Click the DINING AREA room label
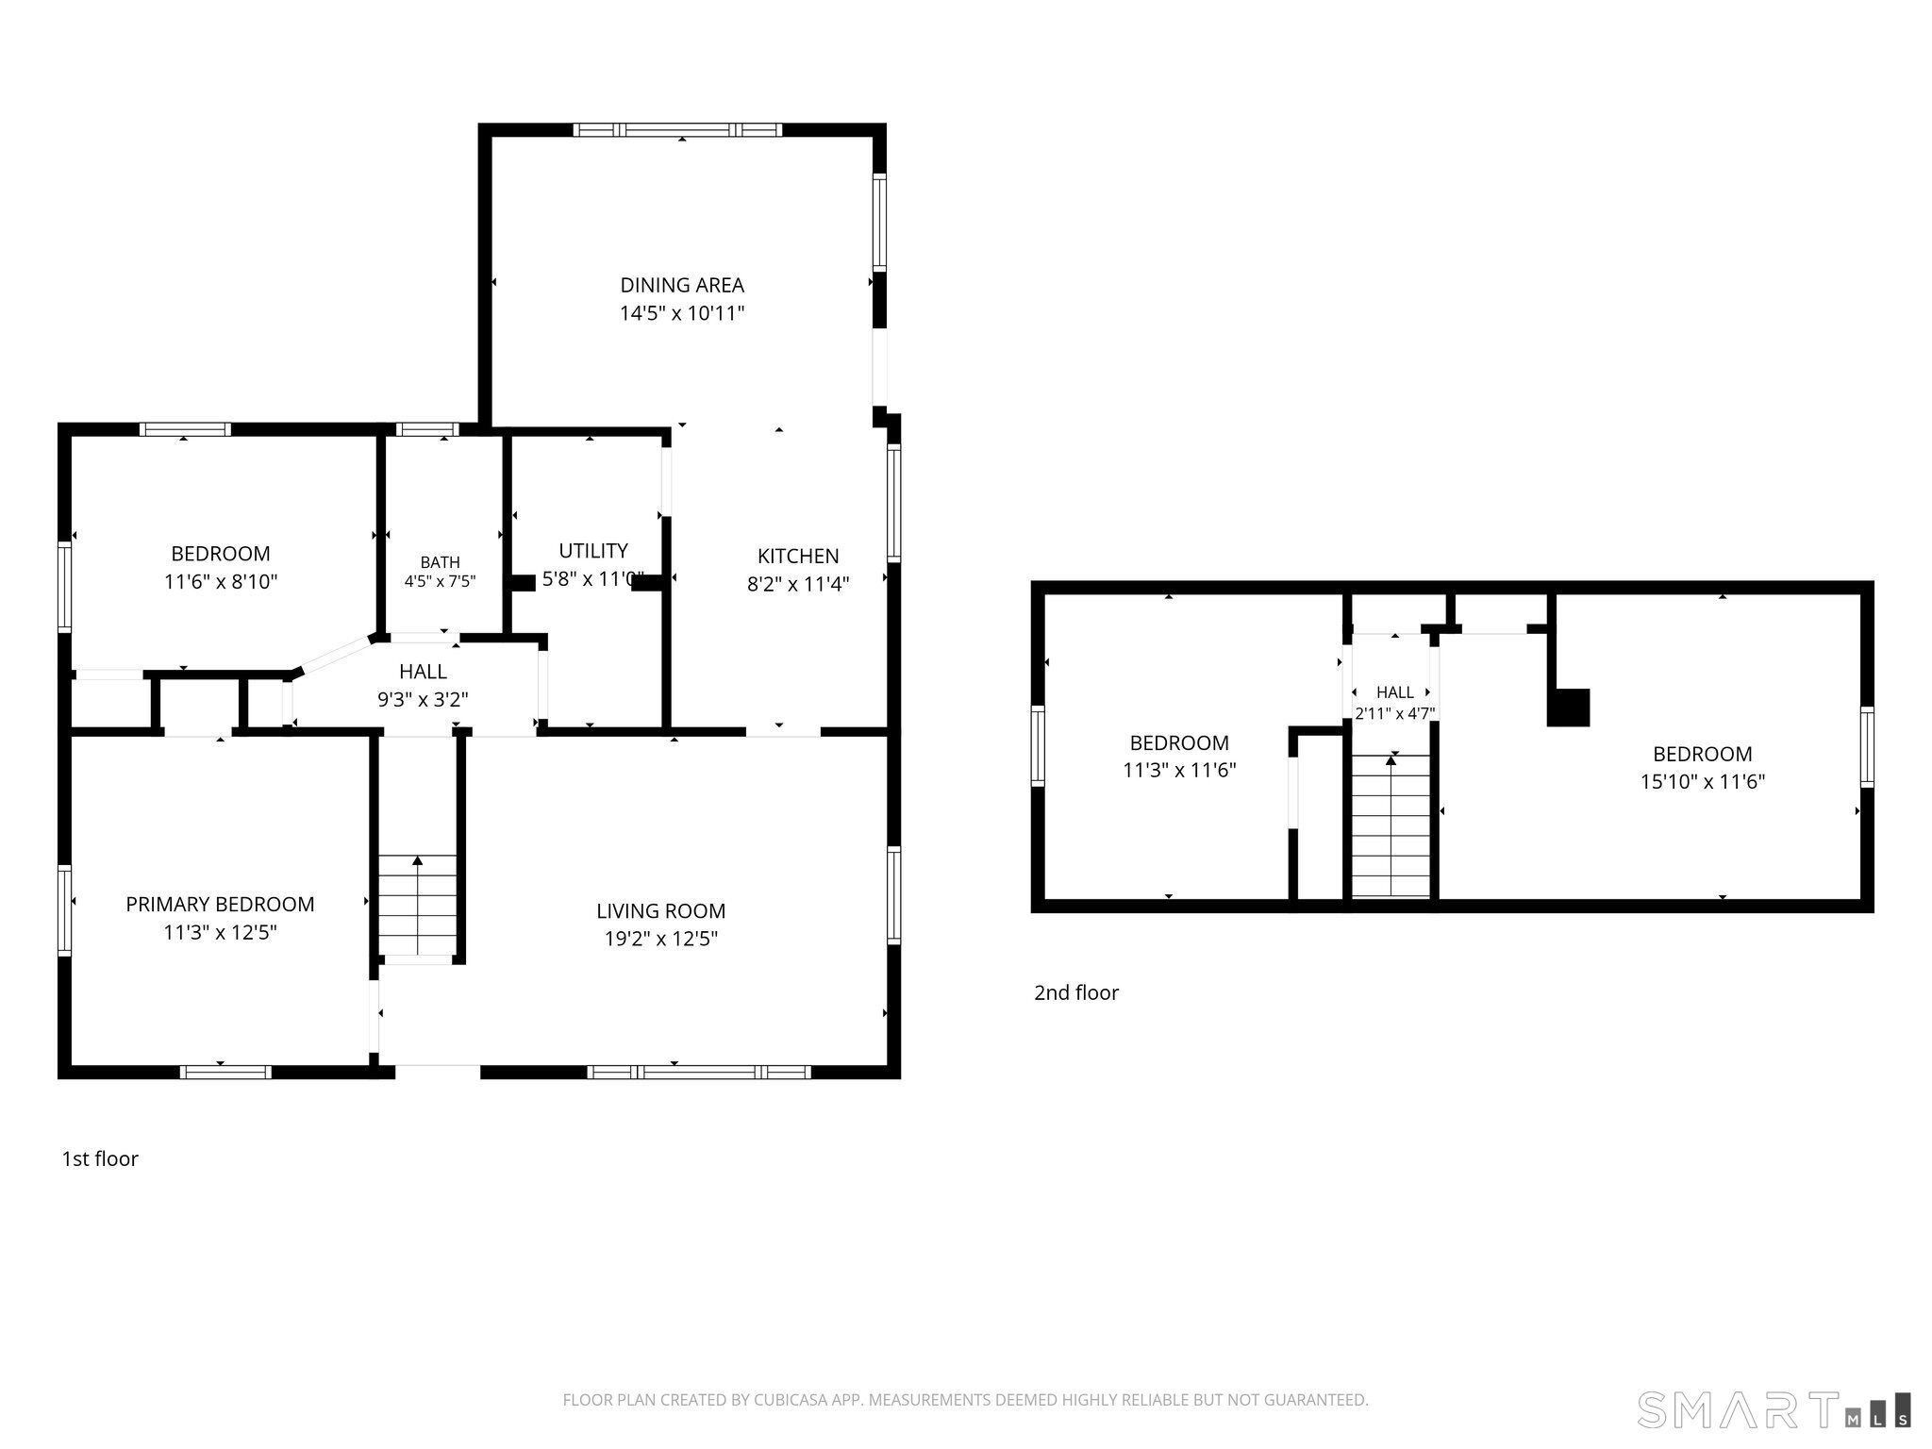coord(682,285)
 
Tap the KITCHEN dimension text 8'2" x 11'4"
coord(798,584)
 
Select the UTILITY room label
coord(593,551)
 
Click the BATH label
coord(441,562)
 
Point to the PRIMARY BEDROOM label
coord(220,904)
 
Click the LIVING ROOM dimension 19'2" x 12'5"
coord(661,939)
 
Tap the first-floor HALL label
coord(423,672)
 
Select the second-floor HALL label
coord(1395,692)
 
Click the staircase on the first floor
coord(417,906)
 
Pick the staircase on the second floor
coord(1391,825)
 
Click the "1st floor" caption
coord(100,1158)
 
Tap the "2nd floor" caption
coord(1076,992)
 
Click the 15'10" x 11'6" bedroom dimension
coord(1703,781)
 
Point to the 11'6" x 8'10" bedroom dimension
coord(221,582)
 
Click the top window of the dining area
coord(678,130)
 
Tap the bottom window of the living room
coord(698,1072)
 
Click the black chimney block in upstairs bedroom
coord(1569,708)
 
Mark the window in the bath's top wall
coord(427,429)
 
